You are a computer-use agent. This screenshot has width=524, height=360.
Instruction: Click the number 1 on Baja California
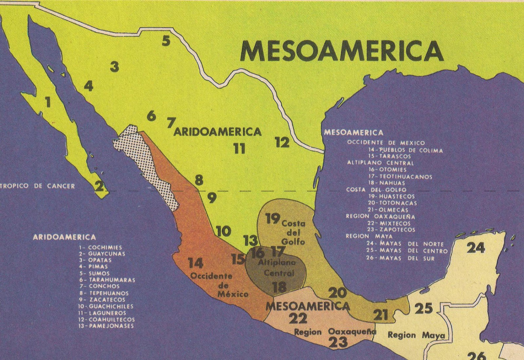(48, 102)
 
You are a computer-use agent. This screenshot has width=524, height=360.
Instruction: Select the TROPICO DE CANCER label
(38, 186)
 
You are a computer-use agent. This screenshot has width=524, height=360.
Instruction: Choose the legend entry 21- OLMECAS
(388, 210)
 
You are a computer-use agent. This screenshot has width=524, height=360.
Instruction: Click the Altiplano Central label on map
(277, 267)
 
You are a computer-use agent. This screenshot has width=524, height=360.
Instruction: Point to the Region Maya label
(416, 335)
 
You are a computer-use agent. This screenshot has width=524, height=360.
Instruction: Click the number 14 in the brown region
(196, 263)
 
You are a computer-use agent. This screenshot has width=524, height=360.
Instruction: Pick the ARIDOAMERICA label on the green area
(218, 132)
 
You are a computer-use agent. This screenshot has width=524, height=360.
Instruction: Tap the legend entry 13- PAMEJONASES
(106, 326)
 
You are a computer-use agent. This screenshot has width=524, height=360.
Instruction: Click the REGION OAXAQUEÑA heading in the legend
(381, 217)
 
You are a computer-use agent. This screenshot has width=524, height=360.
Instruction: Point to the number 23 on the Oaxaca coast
(338, 342)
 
